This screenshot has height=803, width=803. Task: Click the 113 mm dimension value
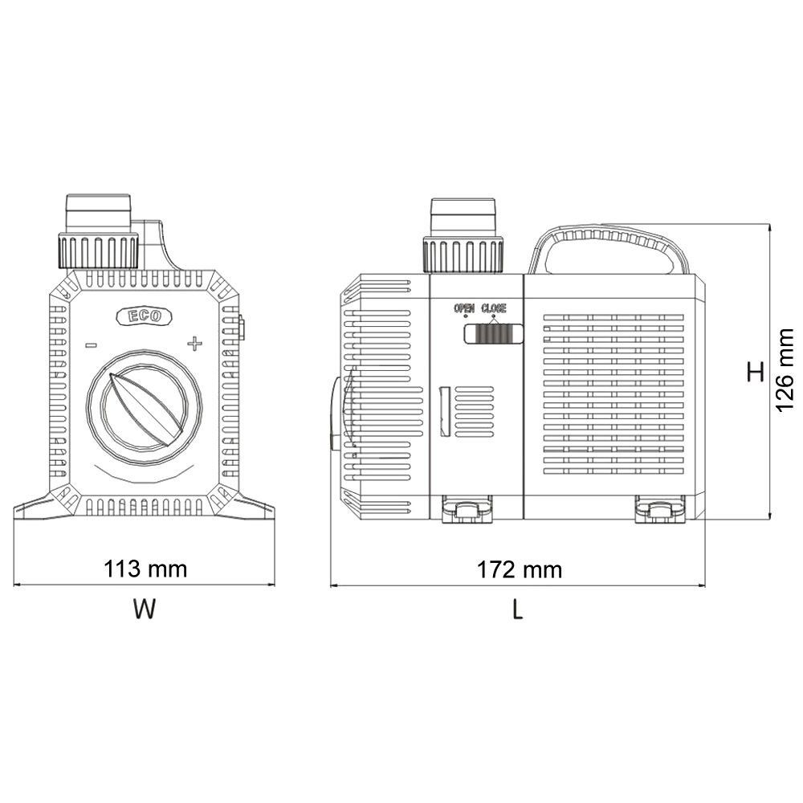tap(145, 569)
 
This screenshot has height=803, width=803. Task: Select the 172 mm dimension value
tap(520, 570)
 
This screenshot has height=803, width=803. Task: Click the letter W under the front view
tap(144, 610)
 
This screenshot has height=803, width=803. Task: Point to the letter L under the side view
tap(518, 610)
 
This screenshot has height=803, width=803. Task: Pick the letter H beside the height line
tap(755, 373)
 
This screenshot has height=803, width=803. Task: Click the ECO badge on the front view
tap(144, 316)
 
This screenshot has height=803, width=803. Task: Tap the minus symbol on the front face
tap(91, 345)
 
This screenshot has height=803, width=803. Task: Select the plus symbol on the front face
tap(194, 344)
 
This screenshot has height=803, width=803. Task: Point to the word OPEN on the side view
tap(464, 308)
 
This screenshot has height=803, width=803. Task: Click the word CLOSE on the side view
tap(494, 308)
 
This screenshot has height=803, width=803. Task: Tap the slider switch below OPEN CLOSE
tap(493, 333)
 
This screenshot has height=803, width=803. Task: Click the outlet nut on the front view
tap(98, 250)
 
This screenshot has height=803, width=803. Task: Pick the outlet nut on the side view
tap(463, 254)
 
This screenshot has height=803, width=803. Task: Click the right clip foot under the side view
tap(658, 510)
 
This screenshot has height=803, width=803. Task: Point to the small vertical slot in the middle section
tap(443, 411)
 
